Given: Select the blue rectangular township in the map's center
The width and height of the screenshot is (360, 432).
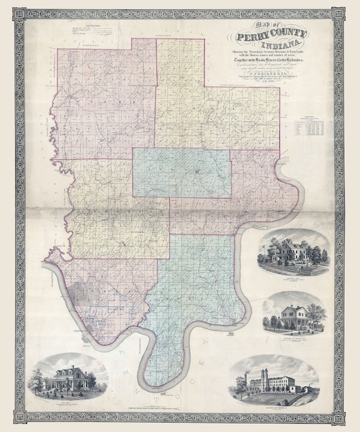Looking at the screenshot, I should pyautogui.click(x=181, y=172).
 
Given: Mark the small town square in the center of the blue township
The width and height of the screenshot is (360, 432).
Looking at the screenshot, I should pyautogui.click(x=197, y=172).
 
